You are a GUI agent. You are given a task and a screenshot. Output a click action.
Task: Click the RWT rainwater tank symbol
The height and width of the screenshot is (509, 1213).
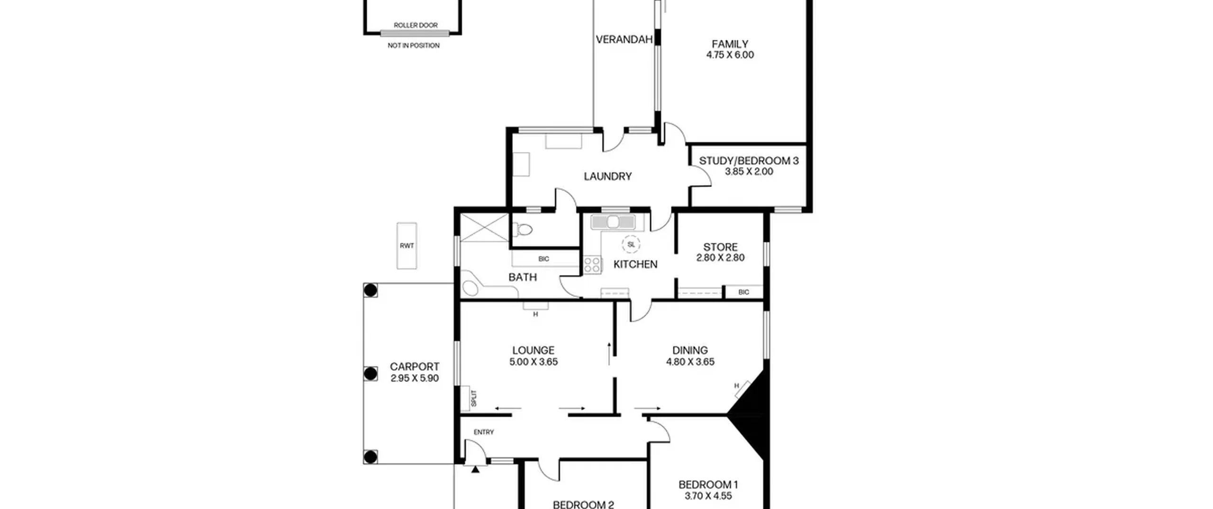tap(407, 246)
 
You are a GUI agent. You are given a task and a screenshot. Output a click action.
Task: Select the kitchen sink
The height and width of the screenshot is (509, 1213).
tap(613, 222)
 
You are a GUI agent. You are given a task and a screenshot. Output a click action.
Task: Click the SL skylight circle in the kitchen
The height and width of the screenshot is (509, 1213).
tap(631, 244)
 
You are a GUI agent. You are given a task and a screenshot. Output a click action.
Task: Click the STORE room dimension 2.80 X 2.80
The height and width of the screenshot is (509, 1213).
tap(720, 258)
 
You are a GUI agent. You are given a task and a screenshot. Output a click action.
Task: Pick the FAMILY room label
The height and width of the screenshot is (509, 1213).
tap(730, 44)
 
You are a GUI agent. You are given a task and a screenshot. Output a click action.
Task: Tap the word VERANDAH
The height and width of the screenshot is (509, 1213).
tap(624, 40)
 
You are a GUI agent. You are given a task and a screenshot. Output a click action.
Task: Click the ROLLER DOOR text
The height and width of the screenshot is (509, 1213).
tap(416, 25)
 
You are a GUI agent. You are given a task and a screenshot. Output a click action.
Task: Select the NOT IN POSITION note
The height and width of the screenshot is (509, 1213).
tap(414, 45)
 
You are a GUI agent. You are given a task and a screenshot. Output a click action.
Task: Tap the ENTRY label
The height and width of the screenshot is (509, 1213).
tap(484, 432)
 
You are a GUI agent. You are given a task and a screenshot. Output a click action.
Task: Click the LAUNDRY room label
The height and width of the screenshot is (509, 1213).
tap(607, 177)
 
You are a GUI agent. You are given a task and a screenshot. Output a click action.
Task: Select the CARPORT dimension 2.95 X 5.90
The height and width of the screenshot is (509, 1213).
tap(415, 378)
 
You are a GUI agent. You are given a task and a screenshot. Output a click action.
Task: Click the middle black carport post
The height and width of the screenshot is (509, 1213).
tap(371, 374)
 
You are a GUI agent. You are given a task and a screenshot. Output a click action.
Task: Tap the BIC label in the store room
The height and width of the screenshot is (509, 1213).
tap(743, 292)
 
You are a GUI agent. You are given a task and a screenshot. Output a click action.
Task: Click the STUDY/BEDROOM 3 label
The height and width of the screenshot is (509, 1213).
tap(749, 161)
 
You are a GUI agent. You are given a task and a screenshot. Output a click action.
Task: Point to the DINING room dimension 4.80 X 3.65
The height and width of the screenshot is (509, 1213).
tap(690, 362)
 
